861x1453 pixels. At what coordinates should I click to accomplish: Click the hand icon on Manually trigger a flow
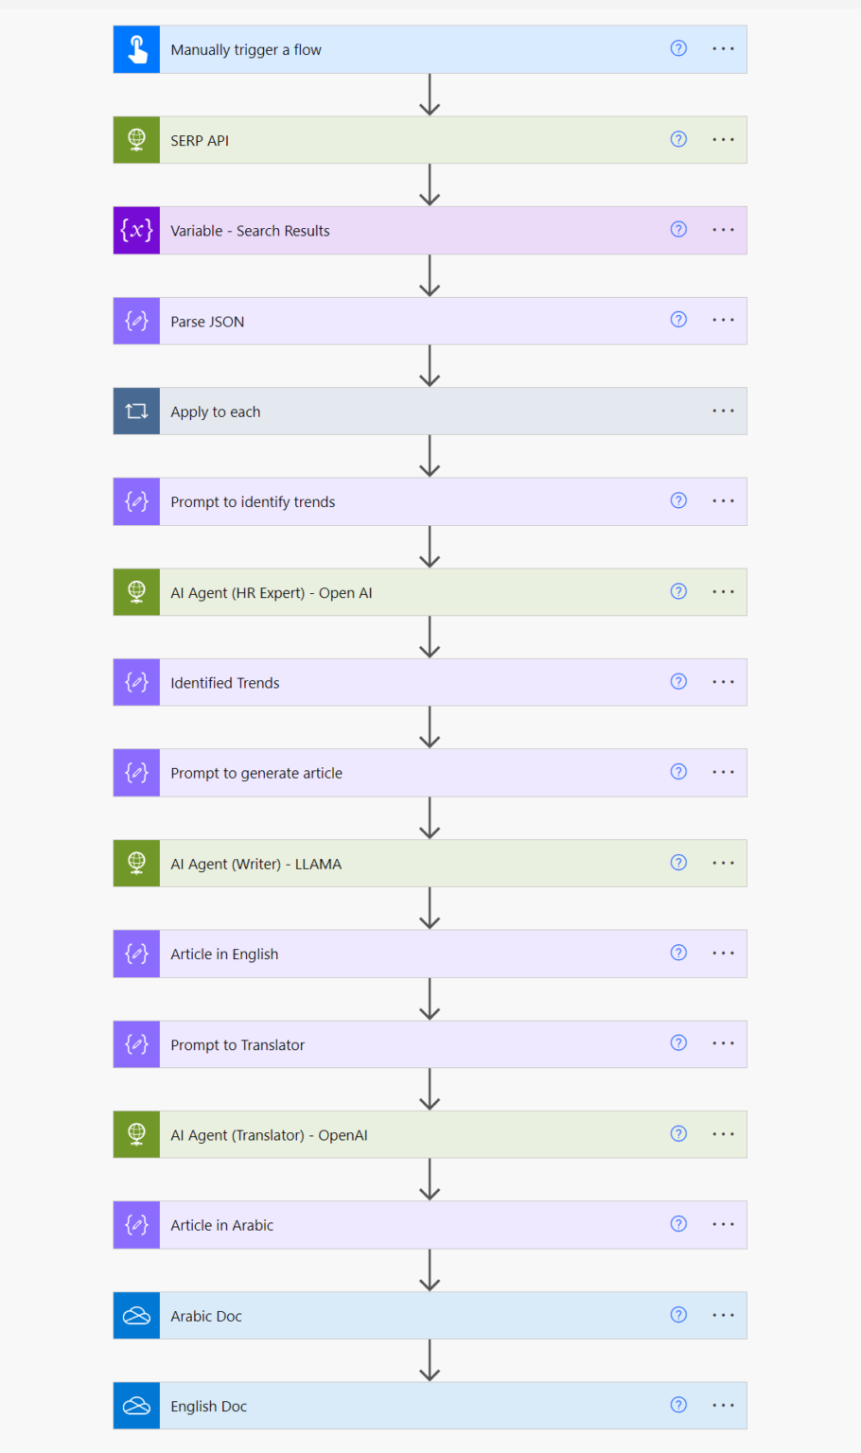coord(136,49)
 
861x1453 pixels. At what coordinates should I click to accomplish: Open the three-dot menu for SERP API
coord(723,140)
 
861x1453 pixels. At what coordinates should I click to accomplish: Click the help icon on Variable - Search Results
coord(678,230)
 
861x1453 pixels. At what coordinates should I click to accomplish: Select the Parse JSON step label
coord(207,322)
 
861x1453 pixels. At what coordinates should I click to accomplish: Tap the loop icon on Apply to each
coord(136,411)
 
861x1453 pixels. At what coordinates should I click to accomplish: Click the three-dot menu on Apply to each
coord(723,411)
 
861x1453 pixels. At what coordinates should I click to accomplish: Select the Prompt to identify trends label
coord(253,502)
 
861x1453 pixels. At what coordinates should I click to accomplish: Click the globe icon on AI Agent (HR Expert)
coord(136,592)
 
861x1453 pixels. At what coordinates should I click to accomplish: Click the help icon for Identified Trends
coord(678,682)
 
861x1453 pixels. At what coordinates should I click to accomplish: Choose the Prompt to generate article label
coord(256,773)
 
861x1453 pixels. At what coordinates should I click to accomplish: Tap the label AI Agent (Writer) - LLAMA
coord(255,864)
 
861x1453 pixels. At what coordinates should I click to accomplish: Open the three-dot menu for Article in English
coord(723,954)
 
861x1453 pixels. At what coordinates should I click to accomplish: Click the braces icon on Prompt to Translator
coord(136,1044)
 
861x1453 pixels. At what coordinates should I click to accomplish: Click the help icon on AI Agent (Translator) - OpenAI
coord(678,1134)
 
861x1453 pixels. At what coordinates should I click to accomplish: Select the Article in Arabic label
coord(221,1225)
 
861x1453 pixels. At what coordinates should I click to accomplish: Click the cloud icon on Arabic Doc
coord(136,1316)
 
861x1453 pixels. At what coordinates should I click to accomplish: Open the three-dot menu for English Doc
coord(723,1406)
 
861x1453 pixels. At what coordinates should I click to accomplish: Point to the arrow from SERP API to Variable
coord(430,185)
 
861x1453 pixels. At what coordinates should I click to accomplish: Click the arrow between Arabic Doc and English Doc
coord(430,1360)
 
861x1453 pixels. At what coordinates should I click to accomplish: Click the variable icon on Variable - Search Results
coord(136,231)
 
